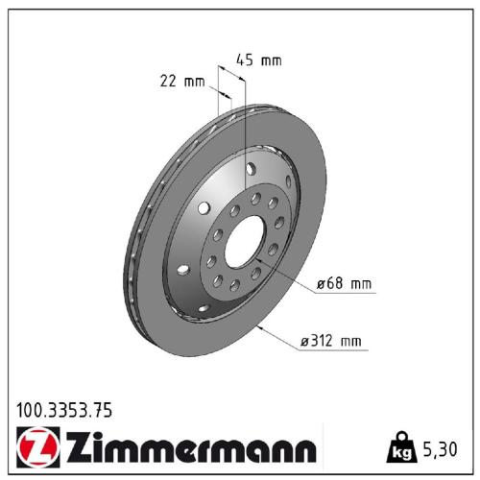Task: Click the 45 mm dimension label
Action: [259, 60]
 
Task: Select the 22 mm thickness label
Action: [182, 81]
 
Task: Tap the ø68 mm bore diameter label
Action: [342, 284]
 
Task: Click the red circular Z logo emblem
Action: [34, 448]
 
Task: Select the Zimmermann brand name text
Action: [187, 448]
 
